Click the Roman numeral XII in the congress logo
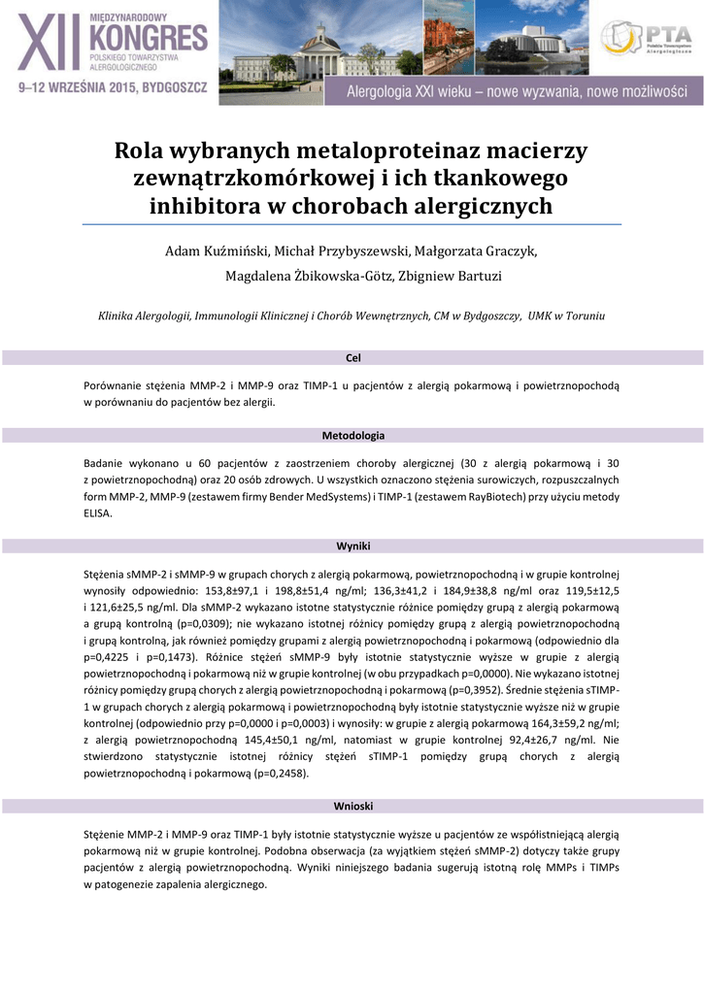pyautogui.click(x=50, y=47)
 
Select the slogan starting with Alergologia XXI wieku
pyautogui.click(x=518, y=92)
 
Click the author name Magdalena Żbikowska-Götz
pyautogui.click(x=301, y=277)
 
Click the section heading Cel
pyautogui.click(x=352, y=358)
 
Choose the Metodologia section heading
pyautogui.click(x=352, y=435)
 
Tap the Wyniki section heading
pyautogui.click(x=352, y=547)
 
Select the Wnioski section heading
pyautogui.click(x=352, y=807)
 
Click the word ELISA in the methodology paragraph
pyautogui.click(x=98, y=514)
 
